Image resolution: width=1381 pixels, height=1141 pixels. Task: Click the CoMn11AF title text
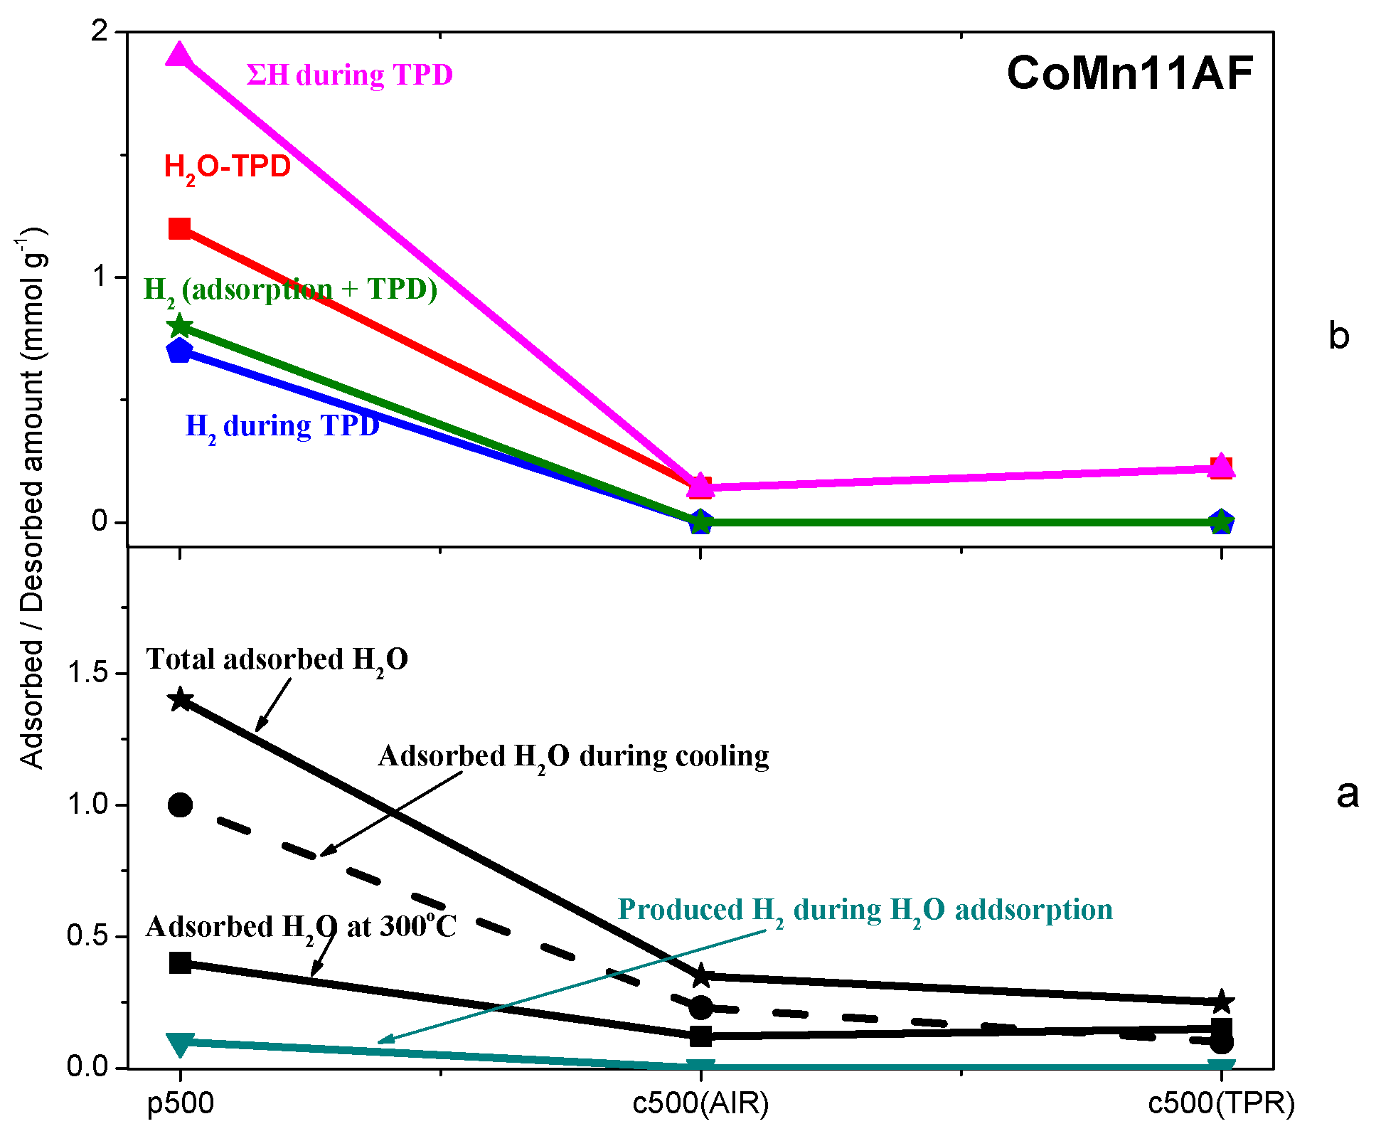click(1129, 73)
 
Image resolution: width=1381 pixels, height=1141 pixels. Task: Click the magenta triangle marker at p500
click(179, 55)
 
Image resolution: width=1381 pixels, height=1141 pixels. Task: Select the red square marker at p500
click(179, 229)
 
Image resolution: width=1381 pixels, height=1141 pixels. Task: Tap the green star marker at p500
click(180, 326)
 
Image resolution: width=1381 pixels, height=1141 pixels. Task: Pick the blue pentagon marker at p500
click(180, 351)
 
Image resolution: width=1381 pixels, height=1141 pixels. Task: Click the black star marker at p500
click(180, 699)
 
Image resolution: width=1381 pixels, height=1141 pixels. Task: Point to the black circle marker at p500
click(180, 805)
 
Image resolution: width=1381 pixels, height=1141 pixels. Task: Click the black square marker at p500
click(180, 963)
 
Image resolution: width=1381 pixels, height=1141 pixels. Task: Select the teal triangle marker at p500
click(180, 1044)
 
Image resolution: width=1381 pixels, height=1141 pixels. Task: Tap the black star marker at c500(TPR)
click(1222, 1002)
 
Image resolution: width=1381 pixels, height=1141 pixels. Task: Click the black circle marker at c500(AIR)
click(701, 1007)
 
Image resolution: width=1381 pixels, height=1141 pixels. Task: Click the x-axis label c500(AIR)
click(700, 1103)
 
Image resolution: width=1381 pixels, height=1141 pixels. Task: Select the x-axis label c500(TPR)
click(1221, 1103)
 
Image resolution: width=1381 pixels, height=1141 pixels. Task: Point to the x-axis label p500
click(180, 1103)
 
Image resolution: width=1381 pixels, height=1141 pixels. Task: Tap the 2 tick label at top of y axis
click(100, 31)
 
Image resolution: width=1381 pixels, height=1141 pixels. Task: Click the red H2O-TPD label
click(227, 168)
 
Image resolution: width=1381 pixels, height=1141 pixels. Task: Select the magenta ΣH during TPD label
click(349, 75)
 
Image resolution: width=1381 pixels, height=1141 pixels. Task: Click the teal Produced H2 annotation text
click(865, 911)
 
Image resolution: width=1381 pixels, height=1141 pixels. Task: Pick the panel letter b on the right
click(1338, 336)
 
